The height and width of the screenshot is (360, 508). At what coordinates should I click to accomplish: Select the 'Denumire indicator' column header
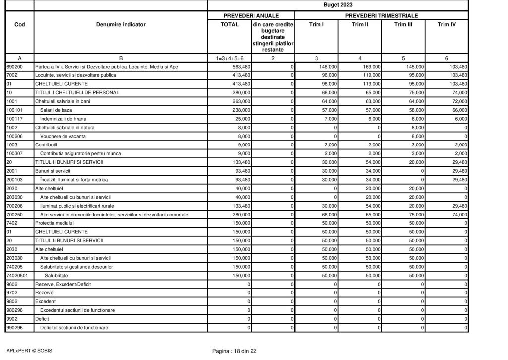click(121, 24)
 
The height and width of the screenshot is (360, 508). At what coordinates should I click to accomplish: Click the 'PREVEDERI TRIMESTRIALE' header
click(381, 16)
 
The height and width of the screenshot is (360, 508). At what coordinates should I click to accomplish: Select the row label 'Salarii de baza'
click(55, 109)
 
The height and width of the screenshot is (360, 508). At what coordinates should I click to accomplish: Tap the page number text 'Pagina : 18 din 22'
click(234, 351)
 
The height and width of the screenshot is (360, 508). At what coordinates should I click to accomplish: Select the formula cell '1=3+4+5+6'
click(229, 57)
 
